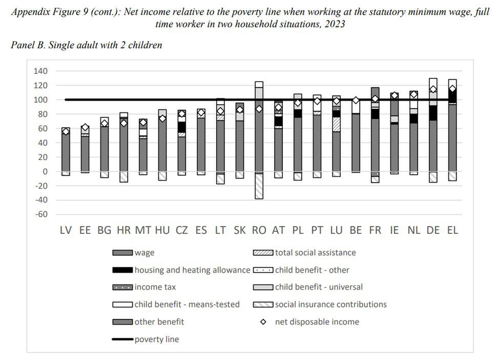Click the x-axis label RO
[259, 230]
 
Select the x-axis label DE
[433, 230]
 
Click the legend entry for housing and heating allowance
[192, 270]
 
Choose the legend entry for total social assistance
[315, 252]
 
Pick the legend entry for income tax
[155, 287]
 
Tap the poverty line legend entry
[156, 339]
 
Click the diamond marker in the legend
[264, 322]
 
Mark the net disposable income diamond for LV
[66, 132]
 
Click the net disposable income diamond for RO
[259, 109]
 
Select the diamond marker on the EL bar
[452, 89]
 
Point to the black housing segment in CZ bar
[182, 127]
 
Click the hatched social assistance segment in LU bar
[337, 125]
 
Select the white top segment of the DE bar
[433, 82]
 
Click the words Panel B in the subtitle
[27, 45]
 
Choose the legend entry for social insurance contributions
[330, 305]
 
